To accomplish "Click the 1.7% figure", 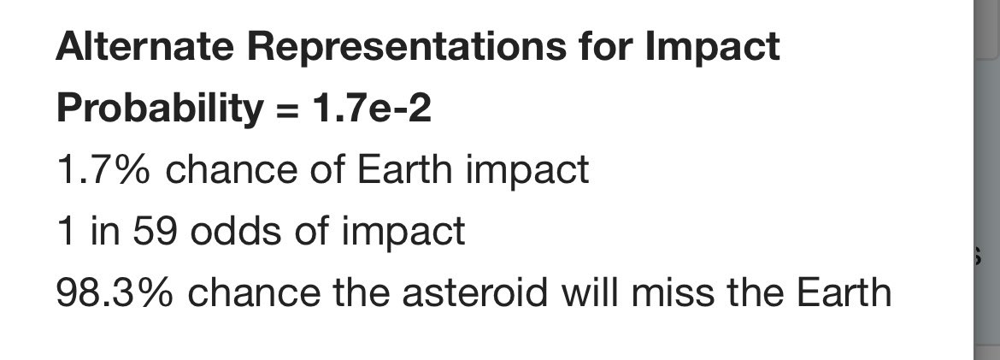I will pos(103,169).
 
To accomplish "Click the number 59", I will pos(155,232).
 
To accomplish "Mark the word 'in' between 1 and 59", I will pos(99,232).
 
